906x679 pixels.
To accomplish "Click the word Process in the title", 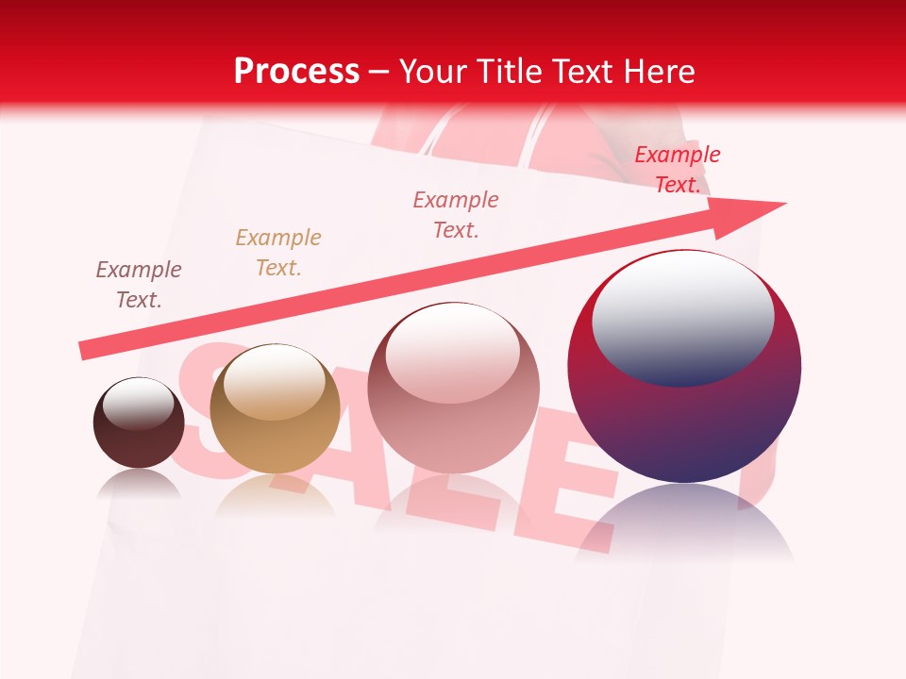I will [x=296, y=71].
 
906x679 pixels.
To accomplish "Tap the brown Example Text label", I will [x=139, y=285].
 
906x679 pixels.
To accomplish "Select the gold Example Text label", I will [x=278, y=253].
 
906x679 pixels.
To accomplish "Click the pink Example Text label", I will [x=456, y=214].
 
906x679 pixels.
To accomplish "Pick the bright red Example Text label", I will [x=678, y=170].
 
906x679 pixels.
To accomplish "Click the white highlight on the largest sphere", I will [x=682, y=316].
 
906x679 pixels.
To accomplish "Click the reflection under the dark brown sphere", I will [x=139, y=484].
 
